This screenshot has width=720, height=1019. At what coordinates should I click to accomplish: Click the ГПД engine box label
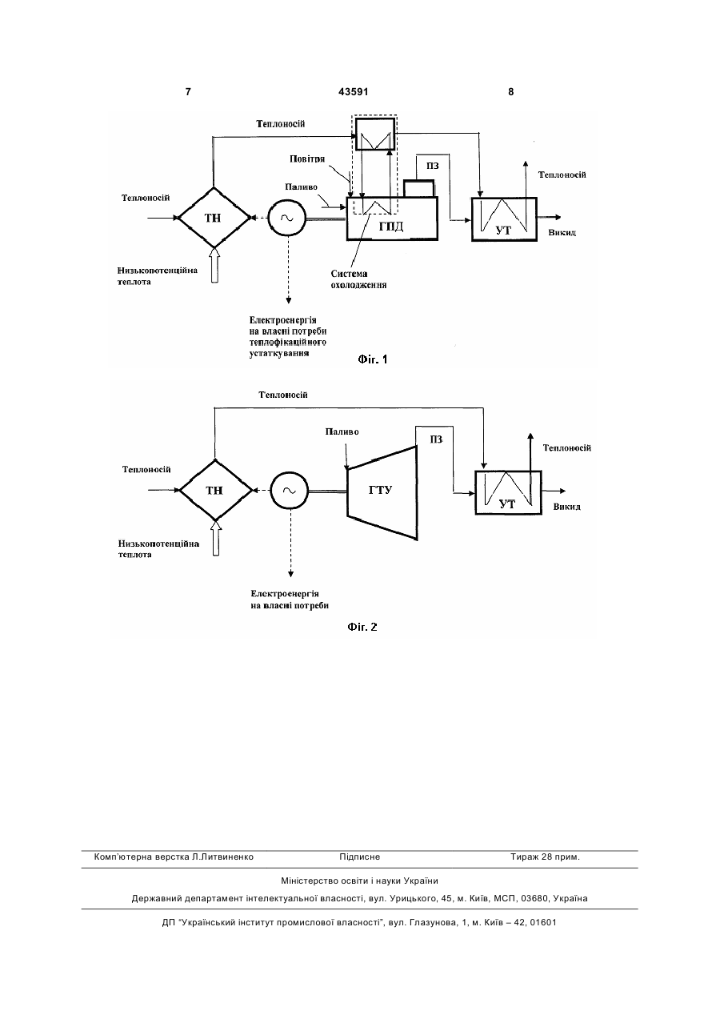(391, 226)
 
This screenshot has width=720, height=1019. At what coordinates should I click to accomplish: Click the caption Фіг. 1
(373, 360)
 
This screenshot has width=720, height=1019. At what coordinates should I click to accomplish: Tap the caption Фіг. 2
(362, 628)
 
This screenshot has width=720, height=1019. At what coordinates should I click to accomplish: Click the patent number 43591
(353, 92)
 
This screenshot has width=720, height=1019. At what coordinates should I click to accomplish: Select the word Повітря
(307, 158)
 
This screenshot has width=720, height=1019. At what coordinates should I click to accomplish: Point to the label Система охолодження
(358, 279)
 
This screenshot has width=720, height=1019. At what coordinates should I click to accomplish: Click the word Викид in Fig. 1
(562, 233)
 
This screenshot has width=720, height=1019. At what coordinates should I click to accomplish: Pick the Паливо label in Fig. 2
(342, 431)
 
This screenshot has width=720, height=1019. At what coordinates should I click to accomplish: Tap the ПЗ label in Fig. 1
(433, 166)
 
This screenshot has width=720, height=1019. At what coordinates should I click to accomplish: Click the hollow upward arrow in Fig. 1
(215, 265)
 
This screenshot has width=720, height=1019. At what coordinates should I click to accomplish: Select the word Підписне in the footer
(359, 857)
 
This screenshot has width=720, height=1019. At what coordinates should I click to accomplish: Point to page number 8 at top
(511, 92)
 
